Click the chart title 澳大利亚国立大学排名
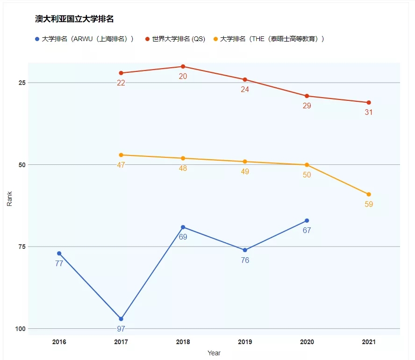75,19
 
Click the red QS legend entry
175,39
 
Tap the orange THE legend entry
268,39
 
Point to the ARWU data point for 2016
59,254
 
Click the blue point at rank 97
121,319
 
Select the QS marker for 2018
183,66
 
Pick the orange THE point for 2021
369,194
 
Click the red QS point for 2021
369,103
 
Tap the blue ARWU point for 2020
307,220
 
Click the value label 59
369,205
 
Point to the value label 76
245,261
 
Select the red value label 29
307,106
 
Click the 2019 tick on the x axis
245,342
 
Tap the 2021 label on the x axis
369,342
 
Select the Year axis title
214,353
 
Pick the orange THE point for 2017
121,155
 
